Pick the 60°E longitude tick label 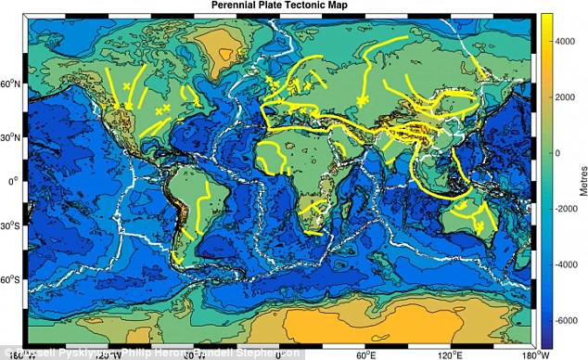click(364, 354)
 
